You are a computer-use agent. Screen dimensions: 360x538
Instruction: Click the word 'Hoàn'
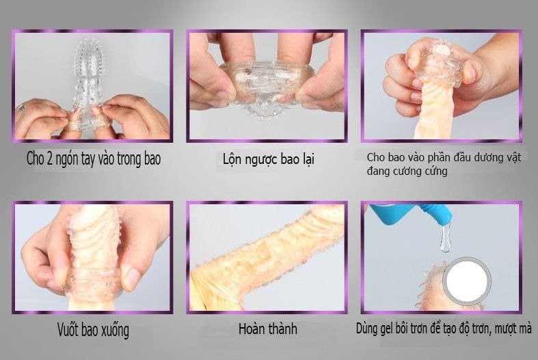(252, 329)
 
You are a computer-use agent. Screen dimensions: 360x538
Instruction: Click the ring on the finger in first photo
(23, 107)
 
